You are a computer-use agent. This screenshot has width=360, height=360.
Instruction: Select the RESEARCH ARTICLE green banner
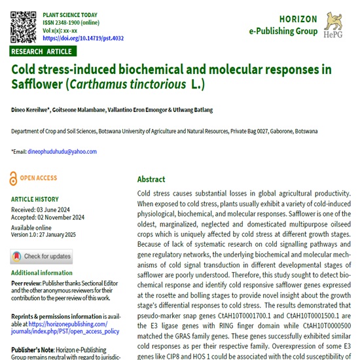[43, 51]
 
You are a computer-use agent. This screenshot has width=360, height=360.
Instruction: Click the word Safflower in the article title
[37, 84]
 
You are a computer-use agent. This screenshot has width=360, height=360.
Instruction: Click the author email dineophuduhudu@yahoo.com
[62, 152]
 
